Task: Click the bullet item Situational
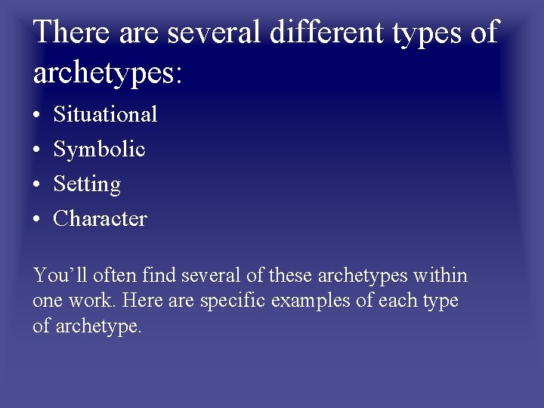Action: point(105,114)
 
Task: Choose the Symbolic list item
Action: point(99,149)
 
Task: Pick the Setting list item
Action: point(87,184)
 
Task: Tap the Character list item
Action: point(100,218)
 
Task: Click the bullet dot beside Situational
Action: point(37,115)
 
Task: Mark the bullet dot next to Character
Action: point(37,219)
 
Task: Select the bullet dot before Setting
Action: point(37,184)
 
